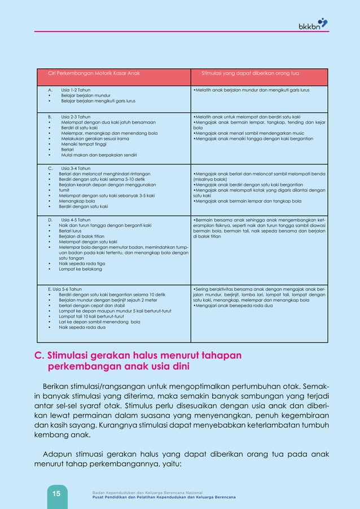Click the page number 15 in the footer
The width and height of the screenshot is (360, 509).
(x=56, y=494)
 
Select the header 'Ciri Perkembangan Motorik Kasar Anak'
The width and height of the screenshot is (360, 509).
(x=93, y=73)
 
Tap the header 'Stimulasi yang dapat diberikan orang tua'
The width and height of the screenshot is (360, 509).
(x=250, y=73)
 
